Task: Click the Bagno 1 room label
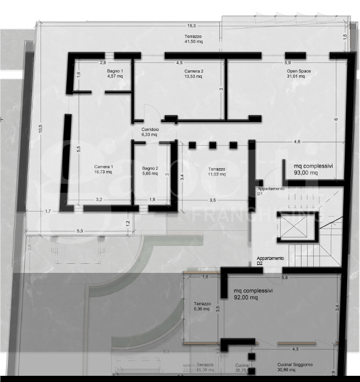pos(115,71)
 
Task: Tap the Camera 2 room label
pos(193,71)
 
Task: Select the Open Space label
pos(299,71)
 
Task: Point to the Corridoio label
pos(150,130)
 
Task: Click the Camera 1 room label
pos(103,167)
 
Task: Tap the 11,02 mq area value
pos(217,174)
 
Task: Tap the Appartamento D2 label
pos(270,260)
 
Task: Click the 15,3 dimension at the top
pos(192,26)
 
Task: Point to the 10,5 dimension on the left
pos(40,129)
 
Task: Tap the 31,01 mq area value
pos(296,77)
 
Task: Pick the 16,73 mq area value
pos(103,172)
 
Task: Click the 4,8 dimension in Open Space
pos(296,141)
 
